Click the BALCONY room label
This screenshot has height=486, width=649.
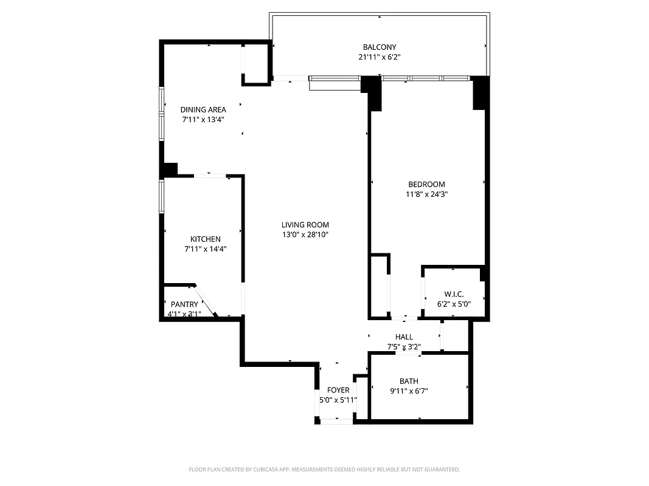pos(380,47)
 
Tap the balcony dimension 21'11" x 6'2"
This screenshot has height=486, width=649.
pos(380,57)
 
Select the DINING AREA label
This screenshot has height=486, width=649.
pos(203,110)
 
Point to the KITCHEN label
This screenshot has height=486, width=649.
pos(206,239)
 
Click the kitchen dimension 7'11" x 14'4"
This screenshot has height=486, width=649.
pos(206,249)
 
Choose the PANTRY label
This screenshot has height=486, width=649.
pos(184,304)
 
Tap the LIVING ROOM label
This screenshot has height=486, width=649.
pos(305,225)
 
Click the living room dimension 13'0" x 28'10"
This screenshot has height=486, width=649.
pos(305,234)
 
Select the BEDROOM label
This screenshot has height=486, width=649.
pos(426,185)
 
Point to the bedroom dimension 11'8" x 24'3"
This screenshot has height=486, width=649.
pos(426,194)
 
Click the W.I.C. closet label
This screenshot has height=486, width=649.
pos(454,293)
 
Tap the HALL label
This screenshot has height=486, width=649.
pos(404,337)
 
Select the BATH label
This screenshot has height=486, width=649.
pos(409,382)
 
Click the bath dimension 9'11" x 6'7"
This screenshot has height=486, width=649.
pos(409,391)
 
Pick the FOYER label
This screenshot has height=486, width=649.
pos(338,390)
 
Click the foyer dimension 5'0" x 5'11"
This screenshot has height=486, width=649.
pos(338,400)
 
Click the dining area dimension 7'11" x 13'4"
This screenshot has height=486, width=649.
pos(203,120)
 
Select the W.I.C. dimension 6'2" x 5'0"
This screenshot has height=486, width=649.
pos(454,303)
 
